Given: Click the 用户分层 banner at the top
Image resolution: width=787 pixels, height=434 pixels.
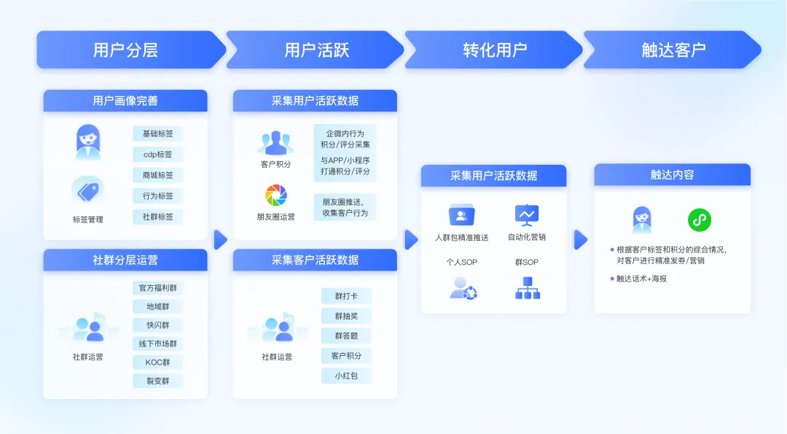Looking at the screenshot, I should (125, 50).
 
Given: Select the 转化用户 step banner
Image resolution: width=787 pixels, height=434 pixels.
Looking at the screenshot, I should (495, 50).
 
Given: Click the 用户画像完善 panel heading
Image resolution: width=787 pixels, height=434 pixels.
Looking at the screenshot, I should (125, 101).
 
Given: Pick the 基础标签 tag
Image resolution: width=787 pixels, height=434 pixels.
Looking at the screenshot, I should (157, 133).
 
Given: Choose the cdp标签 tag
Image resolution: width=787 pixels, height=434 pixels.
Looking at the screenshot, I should (157, 155).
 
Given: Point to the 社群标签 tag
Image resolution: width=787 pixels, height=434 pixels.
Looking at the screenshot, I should (157, 217).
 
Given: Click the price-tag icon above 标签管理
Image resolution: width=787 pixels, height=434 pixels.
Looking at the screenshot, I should (87, 191).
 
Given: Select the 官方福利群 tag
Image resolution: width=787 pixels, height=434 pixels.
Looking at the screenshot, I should (157, 287).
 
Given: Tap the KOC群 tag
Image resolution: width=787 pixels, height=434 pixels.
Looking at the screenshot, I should (157, 362).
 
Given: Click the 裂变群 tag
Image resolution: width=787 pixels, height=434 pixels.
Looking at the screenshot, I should (157, 381).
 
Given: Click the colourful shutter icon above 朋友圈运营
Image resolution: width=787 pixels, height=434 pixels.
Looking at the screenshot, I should (276, 195).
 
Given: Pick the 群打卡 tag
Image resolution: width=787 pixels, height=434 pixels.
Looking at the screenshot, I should (346, 295).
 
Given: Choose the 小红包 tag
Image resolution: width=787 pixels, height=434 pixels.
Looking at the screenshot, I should (346, 376).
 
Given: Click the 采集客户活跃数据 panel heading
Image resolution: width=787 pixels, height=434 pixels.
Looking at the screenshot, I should (315, 260).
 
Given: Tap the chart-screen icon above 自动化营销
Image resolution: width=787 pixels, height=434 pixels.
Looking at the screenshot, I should (526, 214).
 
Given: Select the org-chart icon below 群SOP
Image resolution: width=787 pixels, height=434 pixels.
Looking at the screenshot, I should (527, 289).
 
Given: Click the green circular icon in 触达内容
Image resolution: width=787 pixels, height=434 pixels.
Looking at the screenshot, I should (700, 220).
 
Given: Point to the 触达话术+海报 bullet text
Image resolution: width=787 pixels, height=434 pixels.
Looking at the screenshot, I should (642, 279).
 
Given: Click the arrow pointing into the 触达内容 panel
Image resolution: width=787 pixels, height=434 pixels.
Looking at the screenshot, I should (581, 239).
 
